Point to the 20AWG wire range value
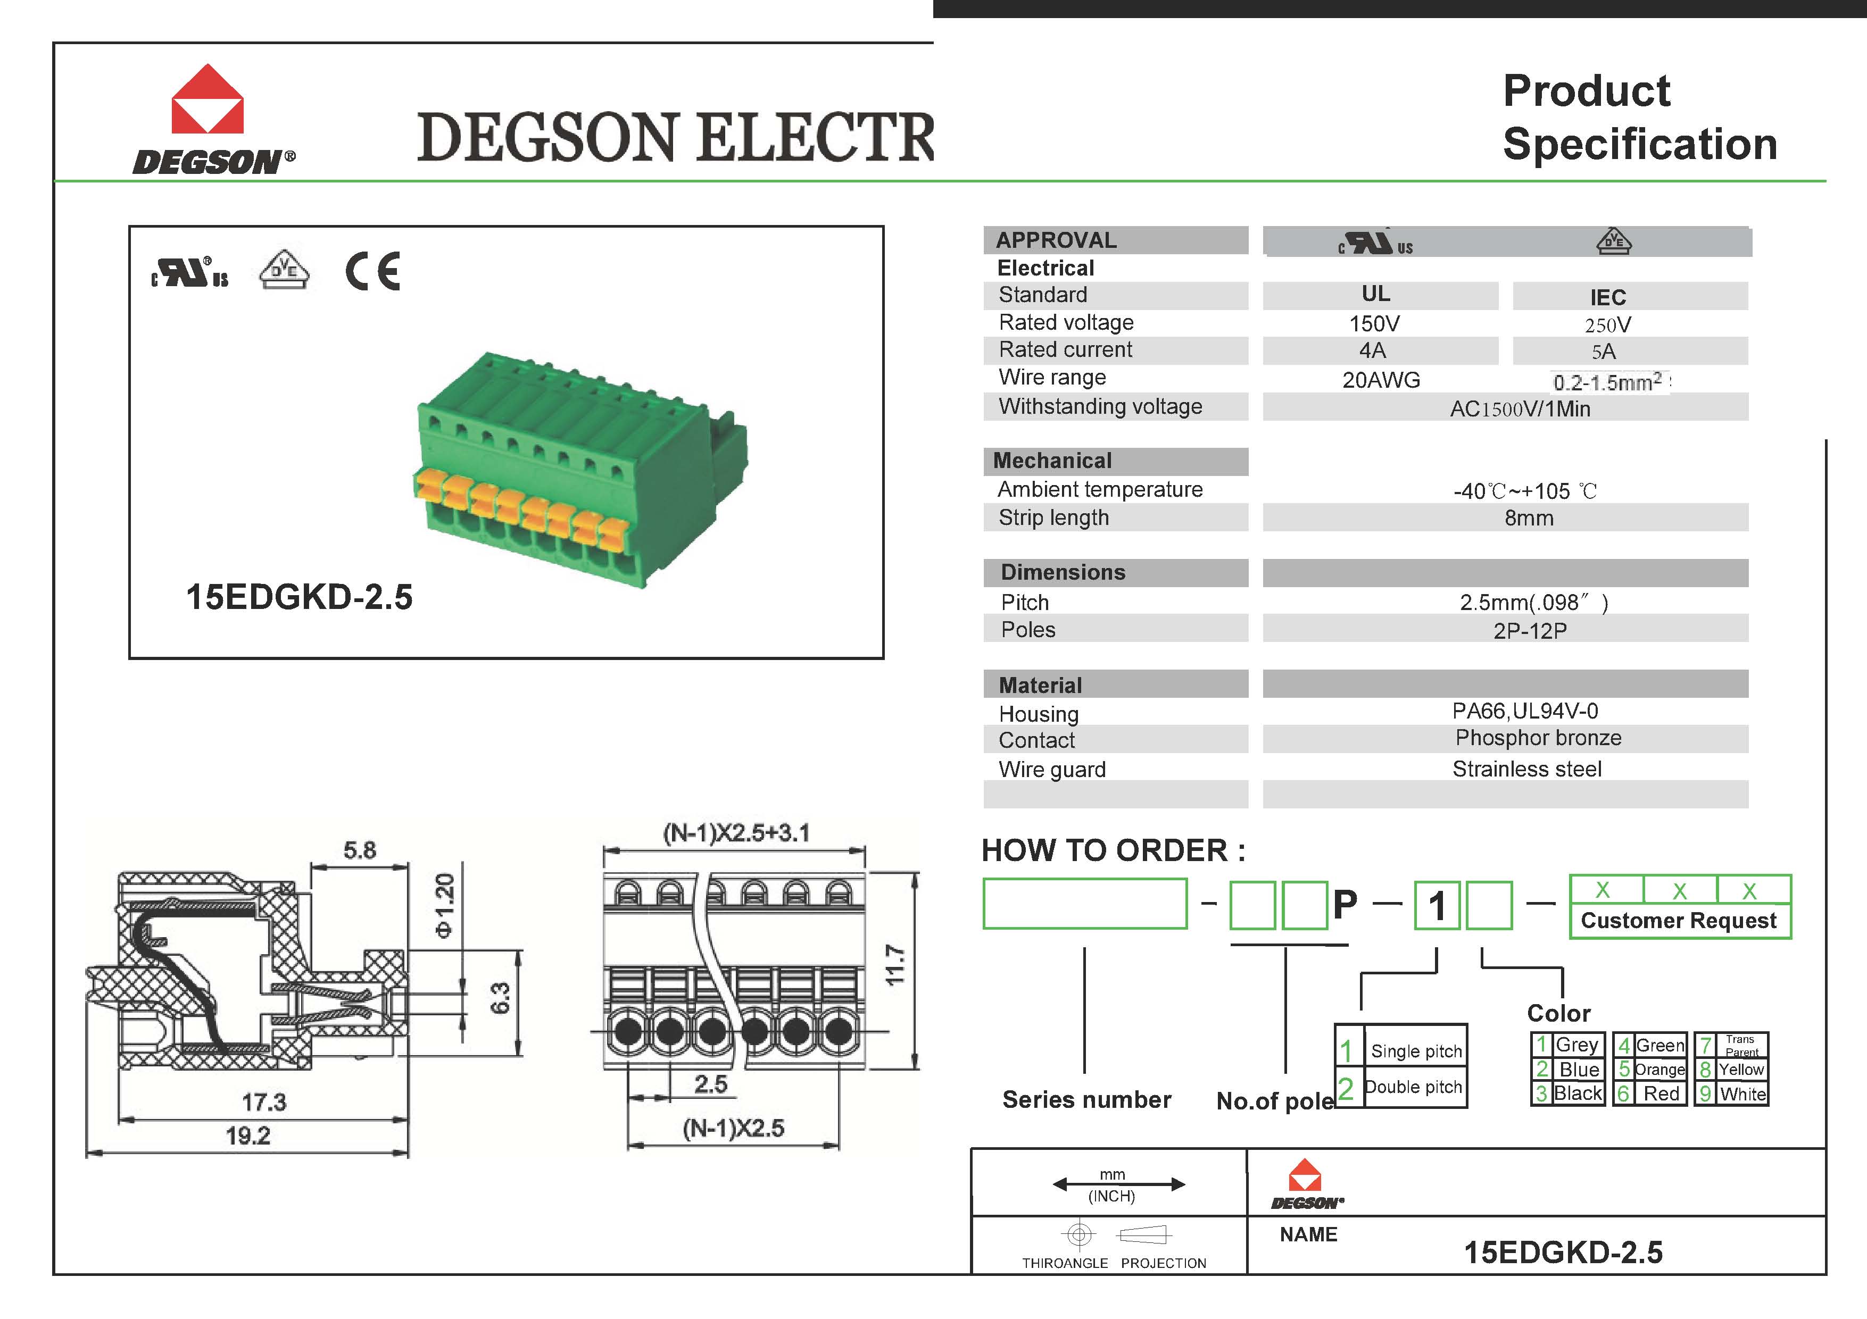click(1381, 380)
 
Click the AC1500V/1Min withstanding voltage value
click(1520, 409)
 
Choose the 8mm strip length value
click(1528, 517)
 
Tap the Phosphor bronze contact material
click(1538, 738)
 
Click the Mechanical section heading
click(1052, 461)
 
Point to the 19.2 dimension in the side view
click(247, 1136)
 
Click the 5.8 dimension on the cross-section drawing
click(360, 850)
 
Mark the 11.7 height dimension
click(894, 965)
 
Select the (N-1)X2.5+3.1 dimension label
click(736, 833)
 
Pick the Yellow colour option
click(1741, 1070)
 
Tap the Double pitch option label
click(1413, 1088)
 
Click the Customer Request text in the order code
click(1678, 921)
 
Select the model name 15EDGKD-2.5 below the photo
click(299, 597)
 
